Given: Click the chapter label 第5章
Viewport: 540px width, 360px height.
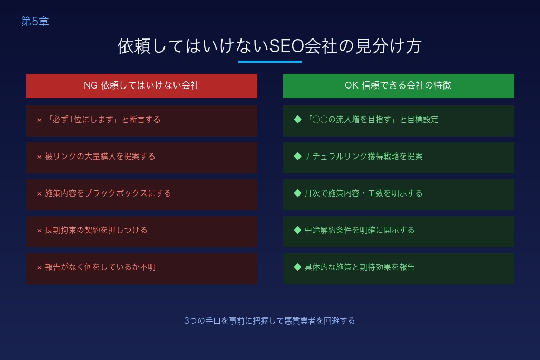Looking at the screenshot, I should coord(35,21).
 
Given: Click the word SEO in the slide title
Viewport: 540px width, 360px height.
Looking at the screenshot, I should coord(286,46).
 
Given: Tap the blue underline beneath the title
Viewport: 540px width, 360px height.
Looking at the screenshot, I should coord(270,62).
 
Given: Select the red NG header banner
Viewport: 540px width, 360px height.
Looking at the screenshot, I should coord(141,85).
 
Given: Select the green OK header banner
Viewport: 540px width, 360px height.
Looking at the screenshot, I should coord(398,85).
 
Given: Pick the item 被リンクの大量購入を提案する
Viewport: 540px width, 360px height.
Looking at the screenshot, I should coord(100,157).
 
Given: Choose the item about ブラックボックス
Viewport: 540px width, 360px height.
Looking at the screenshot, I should coord(108,193).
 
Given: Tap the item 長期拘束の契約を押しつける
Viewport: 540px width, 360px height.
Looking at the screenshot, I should coord(96,230).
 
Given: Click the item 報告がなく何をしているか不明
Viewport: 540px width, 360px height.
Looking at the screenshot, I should coord(100,267).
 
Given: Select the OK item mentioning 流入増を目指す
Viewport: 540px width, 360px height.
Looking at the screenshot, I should coord(371,120).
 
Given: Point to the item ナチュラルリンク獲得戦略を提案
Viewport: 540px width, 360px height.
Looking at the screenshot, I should coord(363,157).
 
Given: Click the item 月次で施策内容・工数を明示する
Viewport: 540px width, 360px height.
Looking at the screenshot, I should coord(363,193).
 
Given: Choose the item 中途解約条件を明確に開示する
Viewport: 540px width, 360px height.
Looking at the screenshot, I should coord(359,230).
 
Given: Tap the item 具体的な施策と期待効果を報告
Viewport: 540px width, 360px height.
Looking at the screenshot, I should coord(359,267).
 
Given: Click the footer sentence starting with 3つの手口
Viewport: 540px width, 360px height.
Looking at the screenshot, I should coord(269,320).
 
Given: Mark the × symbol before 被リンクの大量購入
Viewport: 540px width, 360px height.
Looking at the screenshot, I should coord(39,157).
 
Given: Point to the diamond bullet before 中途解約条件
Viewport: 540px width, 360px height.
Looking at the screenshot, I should coord(297,230).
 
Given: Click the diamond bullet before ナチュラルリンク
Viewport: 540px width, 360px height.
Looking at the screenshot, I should coord(297,156).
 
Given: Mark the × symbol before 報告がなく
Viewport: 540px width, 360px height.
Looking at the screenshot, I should coord(39,268).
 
